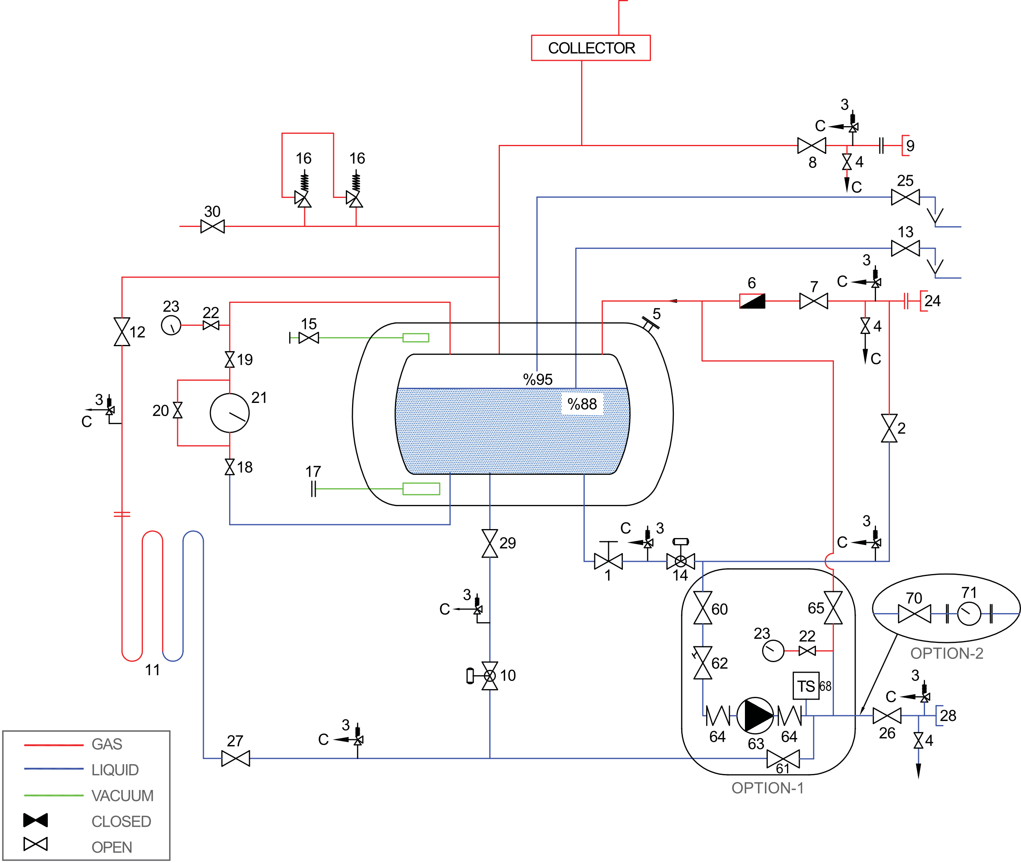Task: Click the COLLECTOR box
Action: [591, 48]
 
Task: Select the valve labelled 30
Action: [212, 227]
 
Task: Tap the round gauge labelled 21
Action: [230, 413]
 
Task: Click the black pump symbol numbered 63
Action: [755, 716]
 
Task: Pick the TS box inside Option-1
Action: [806, 686]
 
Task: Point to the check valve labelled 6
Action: [752, 301]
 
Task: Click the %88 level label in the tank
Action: [582, 404]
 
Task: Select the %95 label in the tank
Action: [537, 380]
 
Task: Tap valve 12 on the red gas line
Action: [122, 332]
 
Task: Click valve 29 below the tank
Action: [490, 543]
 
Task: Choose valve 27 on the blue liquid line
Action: [235, 758]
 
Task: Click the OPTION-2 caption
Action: [947, 653]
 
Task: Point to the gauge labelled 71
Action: [969, 614]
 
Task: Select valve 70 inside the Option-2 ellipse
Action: [914, 614]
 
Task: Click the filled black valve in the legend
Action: [36, 821]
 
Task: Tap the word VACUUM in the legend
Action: [123, 796]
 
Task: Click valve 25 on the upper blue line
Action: [905, 197]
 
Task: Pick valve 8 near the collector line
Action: [811, 145]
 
